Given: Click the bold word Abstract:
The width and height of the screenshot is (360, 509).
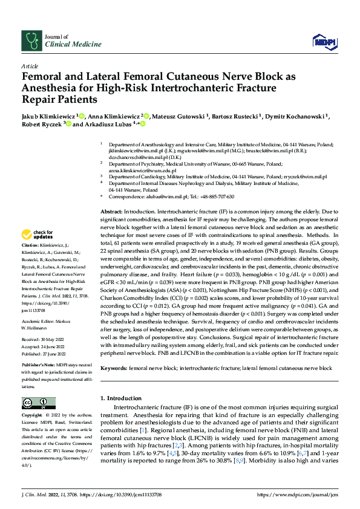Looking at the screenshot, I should [x=111, y=211].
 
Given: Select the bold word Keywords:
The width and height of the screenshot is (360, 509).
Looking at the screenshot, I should [x=114, y=368].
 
